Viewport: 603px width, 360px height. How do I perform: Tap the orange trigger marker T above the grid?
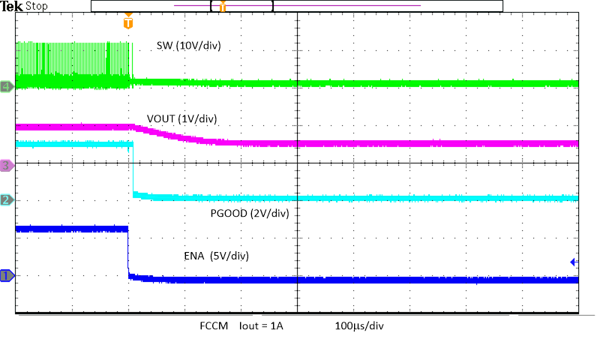[128, 22]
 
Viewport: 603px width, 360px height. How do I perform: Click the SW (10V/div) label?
[188, 46]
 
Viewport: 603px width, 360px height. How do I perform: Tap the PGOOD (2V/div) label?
[250, 213]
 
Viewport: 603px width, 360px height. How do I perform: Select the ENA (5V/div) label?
[217, 256]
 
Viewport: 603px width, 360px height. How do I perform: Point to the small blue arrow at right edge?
[573, 262]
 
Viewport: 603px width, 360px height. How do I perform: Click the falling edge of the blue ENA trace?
[128, 252]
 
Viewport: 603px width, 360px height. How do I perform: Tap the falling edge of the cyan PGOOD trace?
[131, 169]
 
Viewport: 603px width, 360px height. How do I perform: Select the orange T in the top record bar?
[222, 7]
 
